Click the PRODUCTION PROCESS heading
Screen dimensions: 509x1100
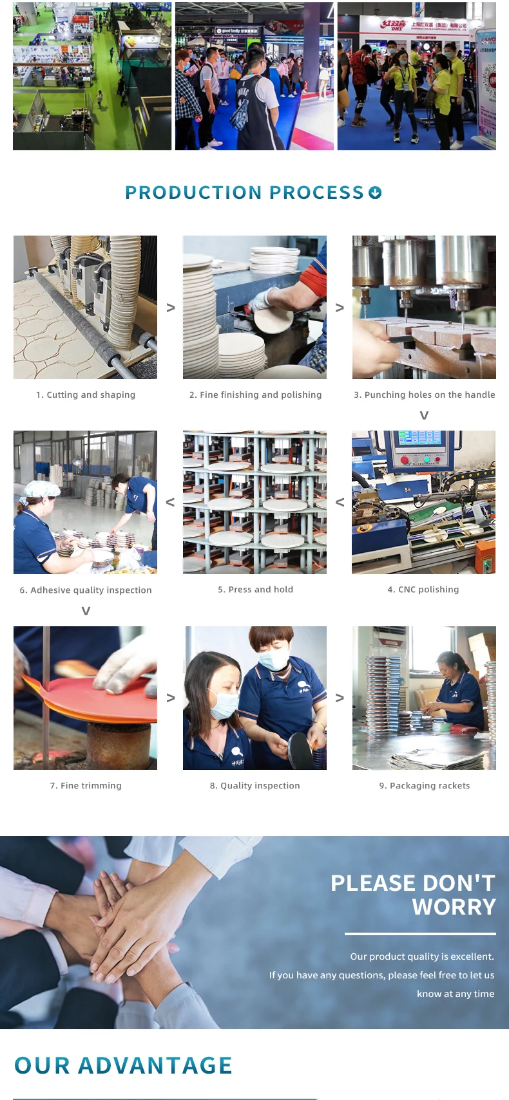(x=244, y=192)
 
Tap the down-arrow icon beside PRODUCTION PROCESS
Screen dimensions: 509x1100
(x=375, y=192)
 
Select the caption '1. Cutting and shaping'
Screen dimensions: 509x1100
(x=86, y=395)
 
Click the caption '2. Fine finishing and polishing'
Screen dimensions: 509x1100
(x=255, y=395)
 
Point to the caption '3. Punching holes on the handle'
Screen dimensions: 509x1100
(x=425, y=395)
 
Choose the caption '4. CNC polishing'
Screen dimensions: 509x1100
(x=423, y=590)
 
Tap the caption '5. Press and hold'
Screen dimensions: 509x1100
(x=255, y=590)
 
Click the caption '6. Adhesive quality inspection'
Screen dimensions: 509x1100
(x=86, y=590)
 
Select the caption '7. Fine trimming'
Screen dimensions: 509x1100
(x=86, y=785)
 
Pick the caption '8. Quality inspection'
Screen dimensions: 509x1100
(x=254, y=785)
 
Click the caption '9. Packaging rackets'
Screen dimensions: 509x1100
(x=425, y=785)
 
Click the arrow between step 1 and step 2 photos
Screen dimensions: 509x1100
(x=171, y=308)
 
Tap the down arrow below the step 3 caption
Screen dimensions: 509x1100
(x=424, y=415)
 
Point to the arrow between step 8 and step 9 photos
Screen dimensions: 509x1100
(x=340, y=698)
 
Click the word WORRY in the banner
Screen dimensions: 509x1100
(x=454, y=907)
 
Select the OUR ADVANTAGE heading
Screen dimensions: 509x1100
(x=123, y=1066)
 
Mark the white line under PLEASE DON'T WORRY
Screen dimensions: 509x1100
(x=420, y=933)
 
